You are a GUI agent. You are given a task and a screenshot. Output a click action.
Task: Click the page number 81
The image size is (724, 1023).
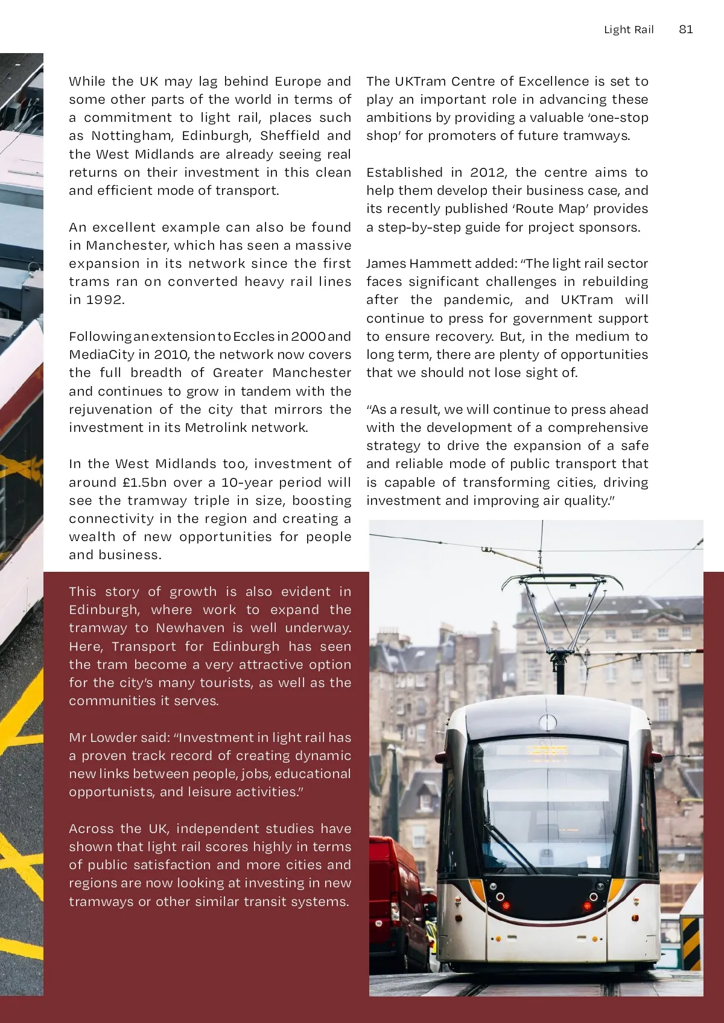click(x=685, y=30)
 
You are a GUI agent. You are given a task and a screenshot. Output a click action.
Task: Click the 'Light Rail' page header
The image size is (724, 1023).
click(x=629, y=30)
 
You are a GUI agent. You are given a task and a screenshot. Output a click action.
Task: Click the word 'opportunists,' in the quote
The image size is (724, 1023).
click(x=112, y=792)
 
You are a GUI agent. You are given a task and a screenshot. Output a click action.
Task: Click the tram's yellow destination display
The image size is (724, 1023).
click(x=547, y=751)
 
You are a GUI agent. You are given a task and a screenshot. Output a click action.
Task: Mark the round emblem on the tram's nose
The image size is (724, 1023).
click(x=548, y=722)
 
